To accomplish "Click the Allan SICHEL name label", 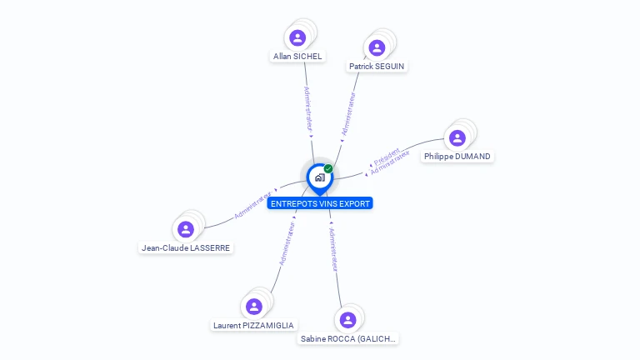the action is click(297, 57).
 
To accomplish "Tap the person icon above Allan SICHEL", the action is click(297, 37).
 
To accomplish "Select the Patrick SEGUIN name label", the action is click(377, 66).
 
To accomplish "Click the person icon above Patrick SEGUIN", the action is click(377, 47).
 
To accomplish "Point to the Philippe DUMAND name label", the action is click(457, 156).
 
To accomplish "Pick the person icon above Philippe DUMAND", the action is click(457, 137).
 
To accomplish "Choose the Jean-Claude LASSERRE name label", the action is click(186, 247).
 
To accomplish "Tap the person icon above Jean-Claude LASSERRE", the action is click(186, 228).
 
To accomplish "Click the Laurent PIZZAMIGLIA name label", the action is click(253, 325).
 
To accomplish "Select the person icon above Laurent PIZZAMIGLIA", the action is click(254, 306).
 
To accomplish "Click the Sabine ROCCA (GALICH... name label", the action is click(348, 338).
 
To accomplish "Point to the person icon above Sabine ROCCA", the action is click(348, 319).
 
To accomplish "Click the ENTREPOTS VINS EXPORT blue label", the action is click(320, 203).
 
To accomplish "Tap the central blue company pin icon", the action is click(319, 177).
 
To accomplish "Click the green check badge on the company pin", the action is click(328, 168).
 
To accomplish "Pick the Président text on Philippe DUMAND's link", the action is click(386, 156).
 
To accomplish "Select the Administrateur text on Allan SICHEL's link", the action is click(307, 109).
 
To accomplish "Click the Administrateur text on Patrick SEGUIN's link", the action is click(348, 114).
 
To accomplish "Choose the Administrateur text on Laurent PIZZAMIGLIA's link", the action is click(287, 244).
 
